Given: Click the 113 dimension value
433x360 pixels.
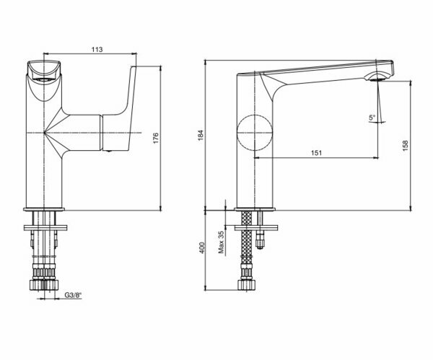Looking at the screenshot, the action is coord(97,49).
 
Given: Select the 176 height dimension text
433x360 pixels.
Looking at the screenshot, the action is coord(156,138).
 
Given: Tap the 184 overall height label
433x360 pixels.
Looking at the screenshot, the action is coord(201,135).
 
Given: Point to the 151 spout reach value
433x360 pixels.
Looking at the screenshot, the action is coord(317,153).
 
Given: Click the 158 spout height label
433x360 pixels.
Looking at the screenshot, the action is coord(405,146).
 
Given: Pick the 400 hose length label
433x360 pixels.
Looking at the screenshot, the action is coord(202,248).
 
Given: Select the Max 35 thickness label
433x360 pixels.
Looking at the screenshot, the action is coord(222,242).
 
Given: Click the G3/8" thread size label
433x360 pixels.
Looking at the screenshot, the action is coord(74,295).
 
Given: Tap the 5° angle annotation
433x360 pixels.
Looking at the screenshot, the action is coord(372,118).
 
